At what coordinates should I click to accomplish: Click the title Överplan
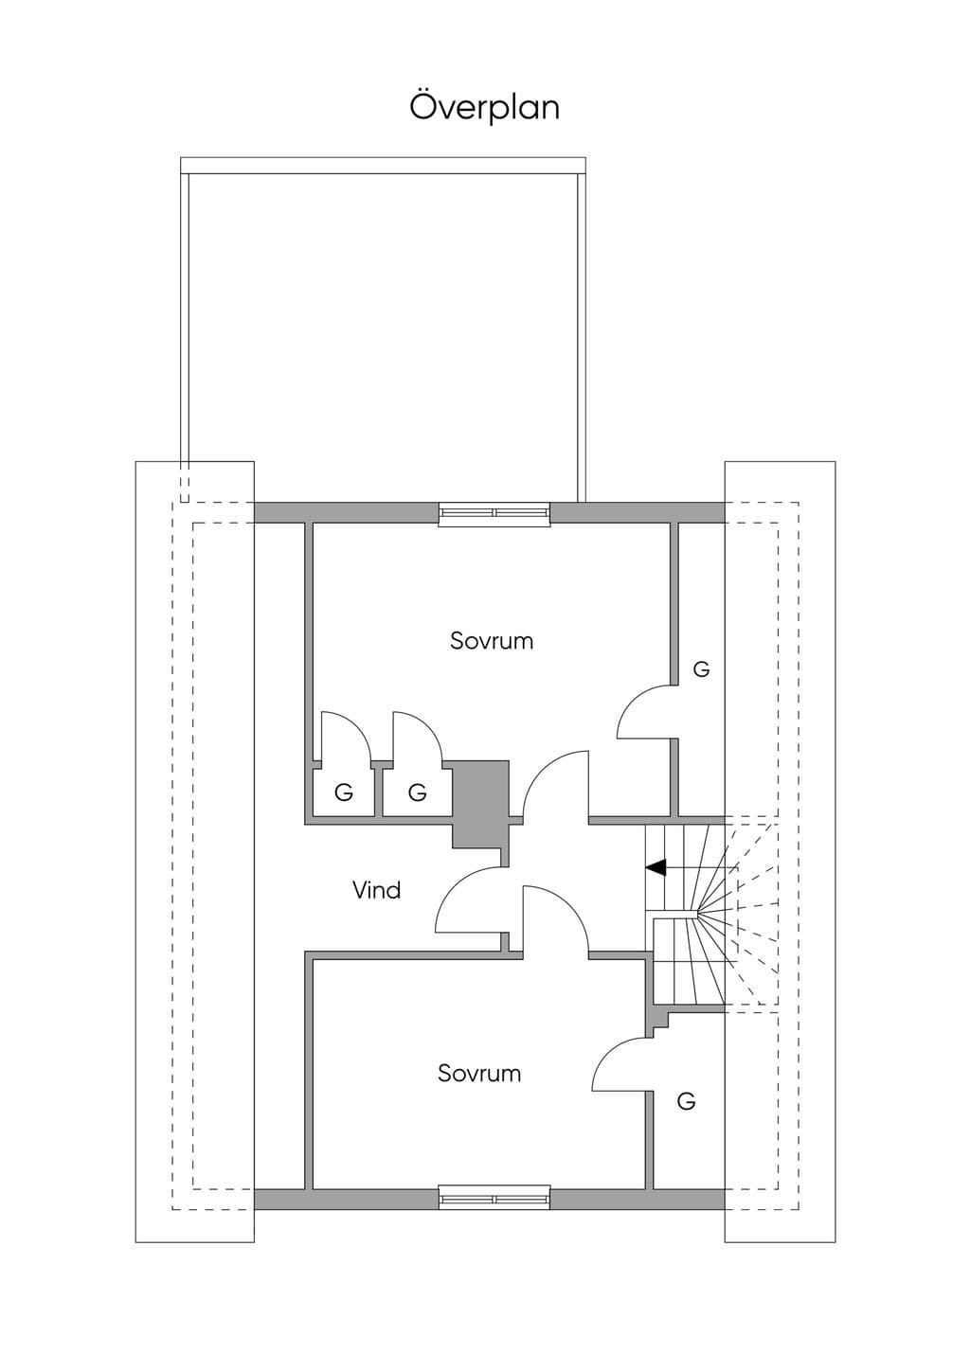pyautogui.click(x=484, y=108)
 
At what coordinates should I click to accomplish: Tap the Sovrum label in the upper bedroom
pyautogui.click(x=492, y=641)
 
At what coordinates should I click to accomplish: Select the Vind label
pyautogui.click(x=377, y=890)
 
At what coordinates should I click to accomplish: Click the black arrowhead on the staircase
pyautogui.click(x=656, y=867)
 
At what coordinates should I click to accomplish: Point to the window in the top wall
pyautogui.click(x=494, y=512)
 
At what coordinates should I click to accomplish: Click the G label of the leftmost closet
pyautogui.click(x=344, y=793)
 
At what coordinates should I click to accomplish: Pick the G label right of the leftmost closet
pyautogui.click(x=417, y=793)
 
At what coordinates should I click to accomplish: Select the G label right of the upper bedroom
pyautogui.click(x=701, y=669)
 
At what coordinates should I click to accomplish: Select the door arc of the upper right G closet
pyautogui.click(x=636, y=701)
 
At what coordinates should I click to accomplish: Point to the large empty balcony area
pyautogui.click(x=383, y=337)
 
